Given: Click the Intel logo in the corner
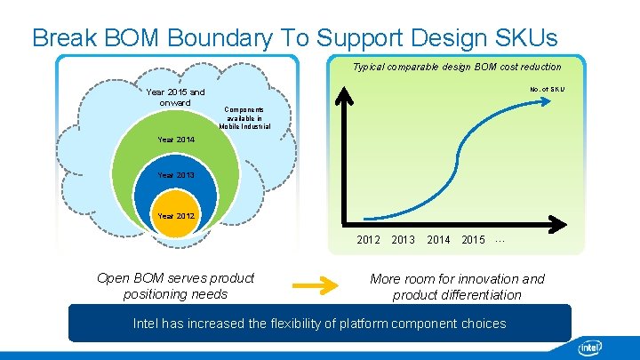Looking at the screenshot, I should tap(591, 347).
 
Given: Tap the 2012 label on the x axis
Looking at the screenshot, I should tap(368, 240).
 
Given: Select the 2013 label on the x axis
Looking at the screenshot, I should tap(403, 240).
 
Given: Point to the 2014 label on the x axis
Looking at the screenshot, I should tap(438, 240).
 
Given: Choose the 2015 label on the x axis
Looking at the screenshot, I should tap(473, 240).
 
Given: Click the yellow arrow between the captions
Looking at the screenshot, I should tap(317, 286).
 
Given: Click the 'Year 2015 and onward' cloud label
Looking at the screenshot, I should tap(175, 97).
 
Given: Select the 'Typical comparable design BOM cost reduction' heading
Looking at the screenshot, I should tap(457, 67).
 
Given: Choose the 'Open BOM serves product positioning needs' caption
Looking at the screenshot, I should tap(175, 286).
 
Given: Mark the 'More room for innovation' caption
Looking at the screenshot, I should tap(457, 286).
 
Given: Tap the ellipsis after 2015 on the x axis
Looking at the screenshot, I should tap(500, 240).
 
